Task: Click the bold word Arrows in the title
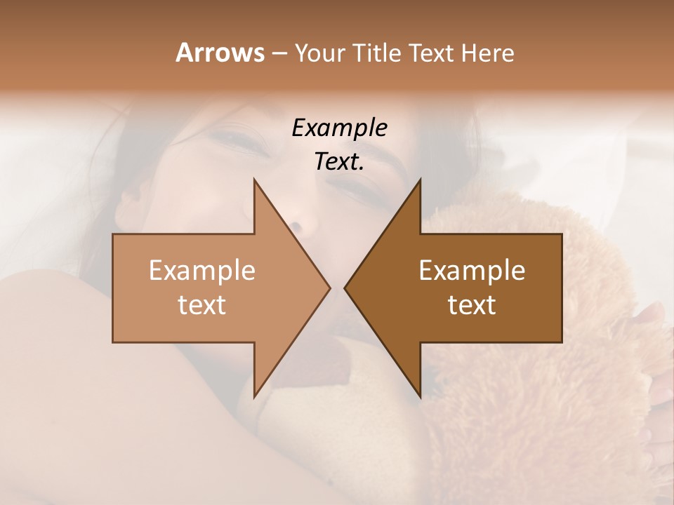(x=220, y=53)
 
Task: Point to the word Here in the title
(x=488, y=53)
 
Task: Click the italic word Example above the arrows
(x=339, y=128)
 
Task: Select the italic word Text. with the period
(x=339, y=161)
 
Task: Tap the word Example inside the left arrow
(x=202, y=271)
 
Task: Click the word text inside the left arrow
(x=202, y=305)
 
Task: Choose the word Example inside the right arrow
(x=472, y=271)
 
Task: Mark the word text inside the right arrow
(x=472, y=305)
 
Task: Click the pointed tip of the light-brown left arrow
(x=329, y=288)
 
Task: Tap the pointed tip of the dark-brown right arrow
(x=345, y=288)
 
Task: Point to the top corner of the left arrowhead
(x=254, y=180)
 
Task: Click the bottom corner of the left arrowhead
(x=254, y=396)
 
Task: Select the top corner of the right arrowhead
(x=420, y=180)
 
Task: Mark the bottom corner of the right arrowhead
(x=420, y=396)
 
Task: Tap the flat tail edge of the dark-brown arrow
(x=561, y=288)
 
